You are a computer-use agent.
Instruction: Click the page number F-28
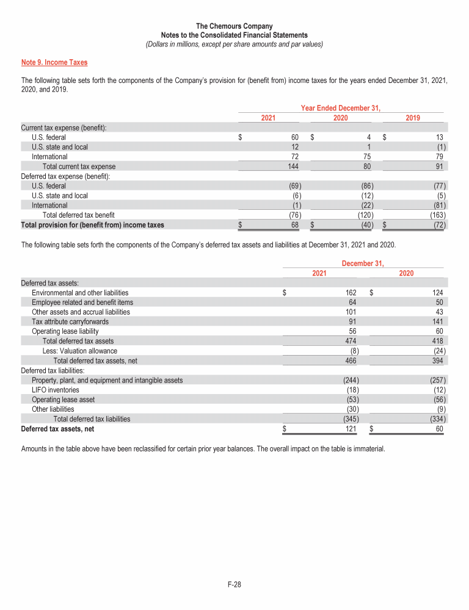coord(234,585)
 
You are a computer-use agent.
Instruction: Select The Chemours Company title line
coord(234,26)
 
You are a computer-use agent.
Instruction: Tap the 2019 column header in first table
coord(412,118)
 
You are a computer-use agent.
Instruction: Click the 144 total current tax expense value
coord(293,167)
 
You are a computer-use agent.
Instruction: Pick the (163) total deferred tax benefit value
coord(438,215)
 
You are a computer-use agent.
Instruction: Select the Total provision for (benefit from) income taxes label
coord(92,224)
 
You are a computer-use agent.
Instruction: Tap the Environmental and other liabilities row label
coord(80,293)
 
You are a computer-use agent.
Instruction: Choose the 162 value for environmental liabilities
coord(351,293)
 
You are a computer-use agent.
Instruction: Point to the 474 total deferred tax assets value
coord(351,341)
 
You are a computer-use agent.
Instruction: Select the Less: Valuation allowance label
coord(79,351)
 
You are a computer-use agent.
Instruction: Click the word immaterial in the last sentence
coord(366,448)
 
